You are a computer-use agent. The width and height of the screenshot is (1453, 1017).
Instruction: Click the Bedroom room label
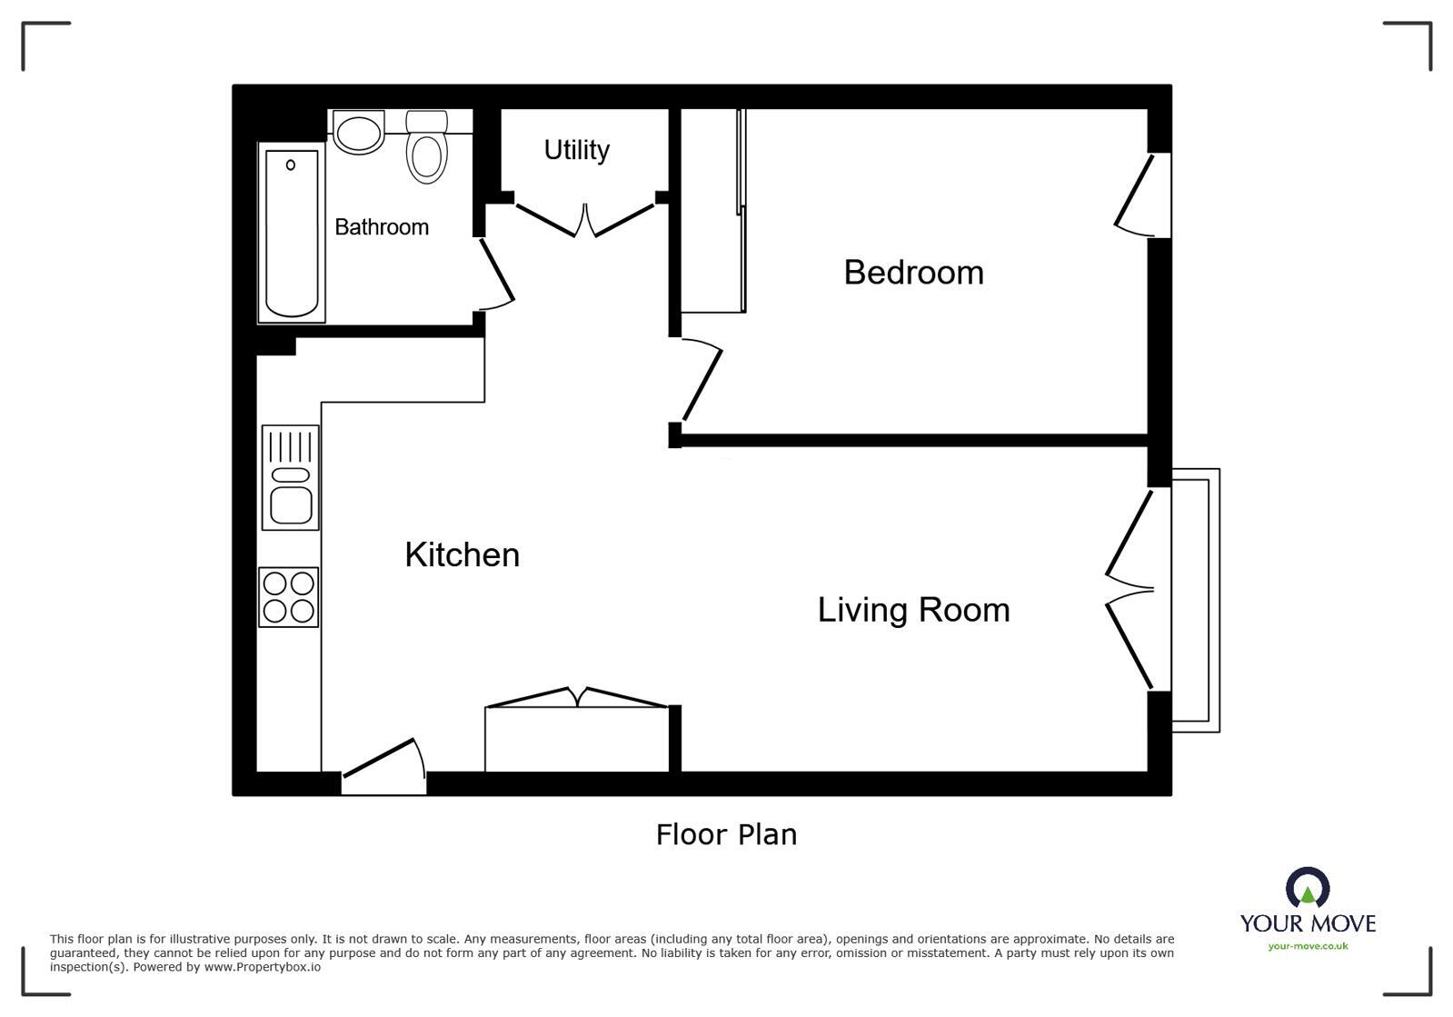pos(913,273)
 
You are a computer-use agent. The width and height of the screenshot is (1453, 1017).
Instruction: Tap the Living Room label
pos(913,610)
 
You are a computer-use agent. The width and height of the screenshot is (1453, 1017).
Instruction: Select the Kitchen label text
pos(462,555)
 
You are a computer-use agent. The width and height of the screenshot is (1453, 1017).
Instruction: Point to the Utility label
pos(576,150)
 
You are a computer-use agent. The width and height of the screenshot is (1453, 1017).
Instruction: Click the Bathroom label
pos(382,227)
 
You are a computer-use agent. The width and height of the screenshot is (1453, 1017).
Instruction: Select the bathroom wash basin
pos(359,133)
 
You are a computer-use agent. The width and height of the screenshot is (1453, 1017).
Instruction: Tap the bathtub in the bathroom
pos(292,233)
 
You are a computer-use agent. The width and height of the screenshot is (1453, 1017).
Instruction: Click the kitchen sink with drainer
pos(291,478)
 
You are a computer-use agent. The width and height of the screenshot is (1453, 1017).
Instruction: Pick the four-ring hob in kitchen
pos(289,597)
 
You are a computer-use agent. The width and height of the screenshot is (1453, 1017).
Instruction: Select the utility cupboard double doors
pos(585,219)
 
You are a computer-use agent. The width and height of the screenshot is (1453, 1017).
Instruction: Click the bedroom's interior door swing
pos(702,382)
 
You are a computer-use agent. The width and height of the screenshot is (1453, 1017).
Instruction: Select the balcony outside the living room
pos(1195,600)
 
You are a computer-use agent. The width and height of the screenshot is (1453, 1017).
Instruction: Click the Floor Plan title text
pos(726,834)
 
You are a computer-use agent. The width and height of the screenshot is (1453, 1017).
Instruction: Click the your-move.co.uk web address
pos(1308,946)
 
